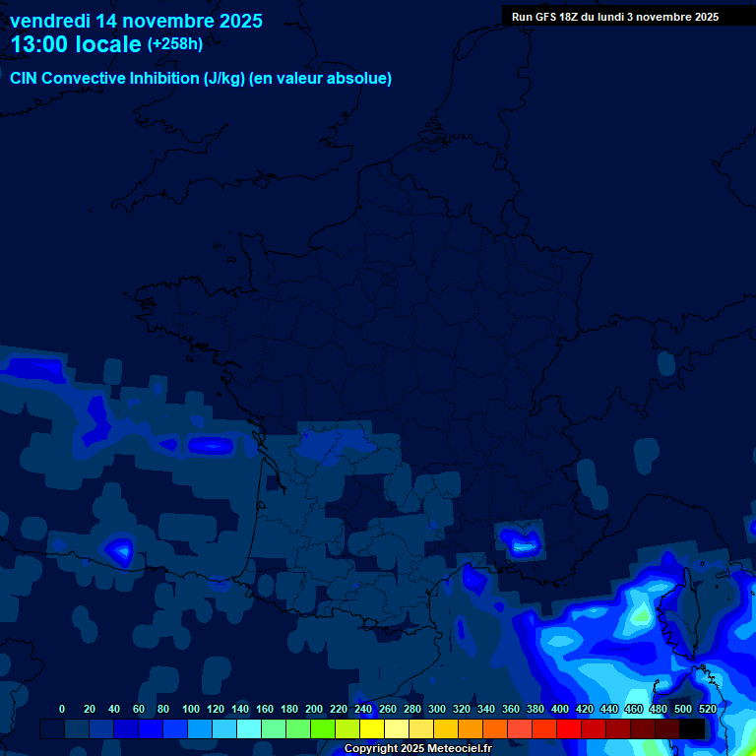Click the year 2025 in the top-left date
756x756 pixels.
(x=235, y=21)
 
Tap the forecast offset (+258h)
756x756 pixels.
(x=175, y=44)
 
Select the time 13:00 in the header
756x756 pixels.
(x=38, y=44)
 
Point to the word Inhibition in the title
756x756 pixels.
(x=162, y=79)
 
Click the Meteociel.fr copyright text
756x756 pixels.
(x=417, y=748)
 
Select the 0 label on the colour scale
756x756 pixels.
(x=62, y=709)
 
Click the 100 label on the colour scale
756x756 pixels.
(x=191, y=709)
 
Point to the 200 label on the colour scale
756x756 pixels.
(x=314, y=709)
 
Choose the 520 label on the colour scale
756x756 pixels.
(x=707, y=709)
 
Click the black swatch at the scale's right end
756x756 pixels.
(x=692, y=729)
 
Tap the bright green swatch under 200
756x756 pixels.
(x=323, y=729)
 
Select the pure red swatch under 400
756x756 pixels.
(x=569, y=729)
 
